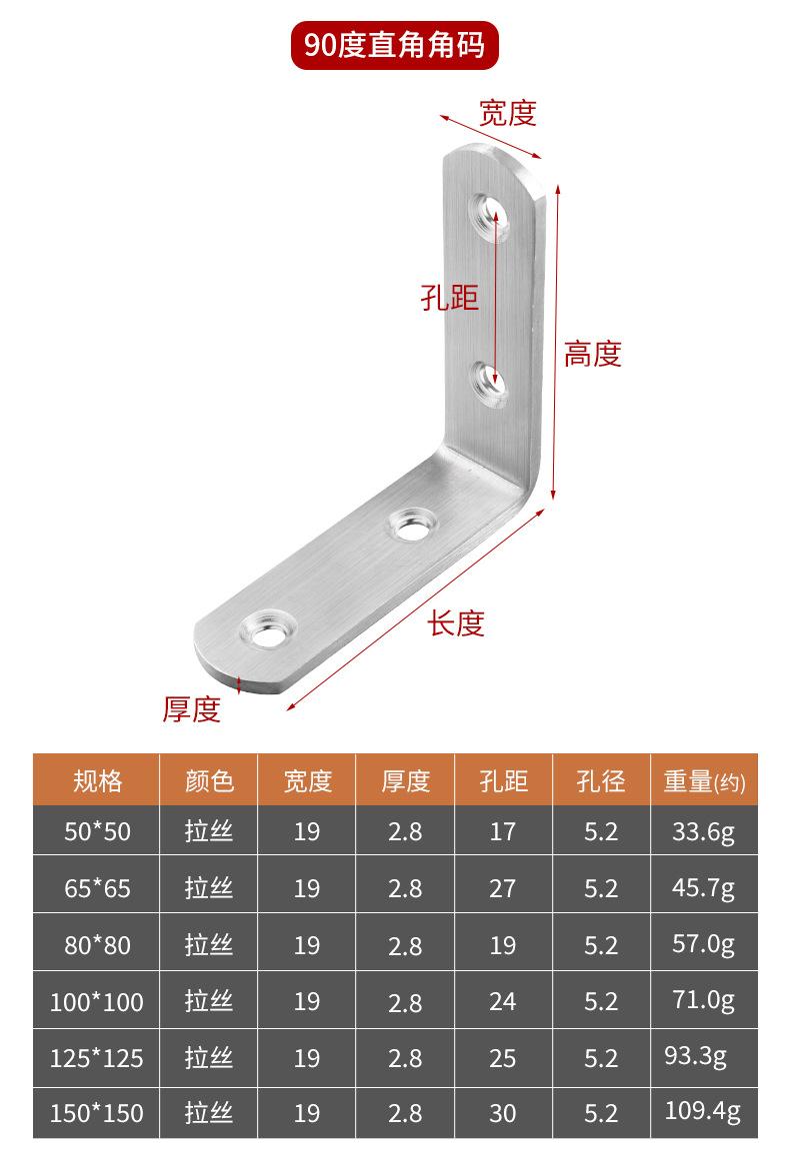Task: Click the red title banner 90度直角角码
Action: (x=394, y=45)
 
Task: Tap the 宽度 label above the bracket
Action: (x=507, y=113)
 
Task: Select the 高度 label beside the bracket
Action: (x=593, y=354)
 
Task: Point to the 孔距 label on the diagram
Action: (x=449, y=297)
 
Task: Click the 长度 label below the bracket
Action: (x=456, y=623)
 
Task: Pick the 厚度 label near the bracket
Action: (x=191, y=709)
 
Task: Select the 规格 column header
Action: (x=97, y=780)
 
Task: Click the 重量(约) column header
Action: (x=704, y=781)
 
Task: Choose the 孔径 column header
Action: (x=601, y=780)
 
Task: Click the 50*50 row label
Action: (x=97, y=831)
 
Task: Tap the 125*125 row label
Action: (x=97, y=1057)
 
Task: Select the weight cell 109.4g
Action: (x=704, y=1111)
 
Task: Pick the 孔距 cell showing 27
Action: (x=502, y=888)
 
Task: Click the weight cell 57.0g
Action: (x=704, y=943)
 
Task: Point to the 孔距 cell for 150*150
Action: (x=502, y=1113)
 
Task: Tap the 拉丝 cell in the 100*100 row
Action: (x=208, y=1001)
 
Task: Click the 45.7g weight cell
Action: (x=704, y=887)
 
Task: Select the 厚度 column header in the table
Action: (x=405, y=780)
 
